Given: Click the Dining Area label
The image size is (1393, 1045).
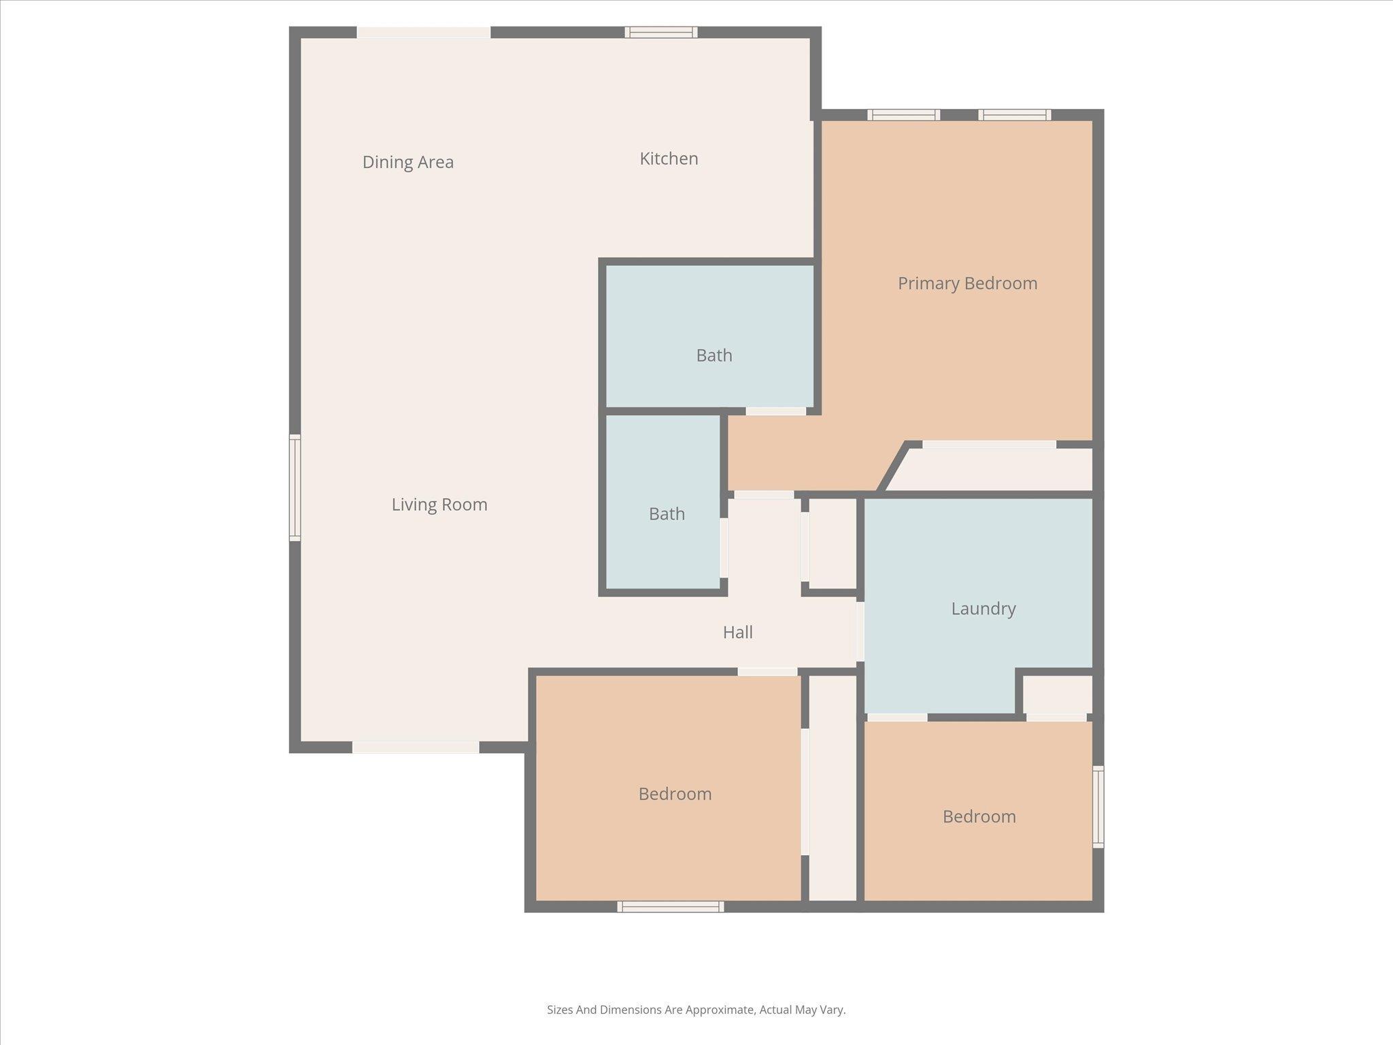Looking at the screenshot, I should (407, 162).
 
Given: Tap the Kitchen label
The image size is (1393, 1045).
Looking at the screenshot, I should (669, 159).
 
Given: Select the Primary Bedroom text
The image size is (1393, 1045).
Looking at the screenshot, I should (967, 283).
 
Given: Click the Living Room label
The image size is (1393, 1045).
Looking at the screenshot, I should (439, 504).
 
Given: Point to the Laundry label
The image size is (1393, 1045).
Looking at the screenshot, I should (983, 608).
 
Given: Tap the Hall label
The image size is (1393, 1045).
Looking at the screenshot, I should (737, 632).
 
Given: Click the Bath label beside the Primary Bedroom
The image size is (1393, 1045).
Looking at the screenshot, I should (714, 355).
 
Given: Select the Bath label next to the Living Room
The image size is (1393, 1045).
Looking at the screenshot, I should (667, 514).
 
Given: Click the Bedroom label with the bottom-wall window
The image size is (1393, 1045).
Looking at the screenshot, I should (675, 794).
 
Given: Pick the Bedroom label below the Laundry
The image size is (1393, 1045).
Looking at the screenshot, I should (979, 816).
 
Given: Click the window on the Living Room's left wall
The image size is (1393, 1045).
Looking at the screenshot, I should (295, 488).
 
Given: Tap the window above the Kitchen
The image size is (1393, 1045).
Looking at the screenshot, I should (661, 32).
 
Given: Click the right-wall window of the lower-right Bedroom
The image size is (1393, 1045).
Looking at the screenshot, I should (1098, 807).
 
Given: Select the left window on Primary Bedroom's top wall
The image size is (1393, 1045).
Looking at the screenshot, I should (903, 115).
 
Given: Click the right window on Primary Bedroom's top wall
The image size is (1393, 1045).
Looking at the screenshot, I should (1014, 115).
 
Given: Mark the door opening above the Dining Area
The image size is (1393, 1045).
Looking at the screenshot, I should (424, 32).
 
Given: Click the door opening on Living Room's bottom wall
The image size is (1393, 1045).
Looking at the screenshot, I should (415, 747).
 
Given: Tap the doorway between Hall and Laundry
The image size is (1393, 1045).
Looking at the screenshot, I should (860, 631).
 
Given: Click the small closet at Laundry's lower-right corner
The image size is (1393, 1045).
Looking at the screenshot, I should (1057, 694).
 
